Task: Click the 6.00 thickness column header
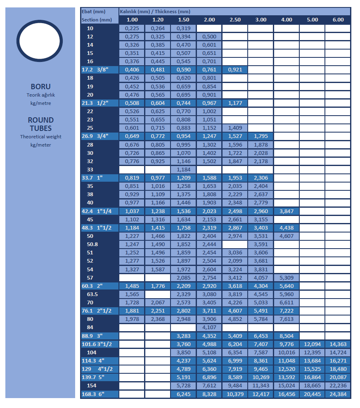point(338,20)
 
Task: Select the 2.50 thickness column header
point(234,20)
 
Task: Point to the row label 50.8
point(92,244)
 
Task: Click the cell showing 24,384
point(338,394)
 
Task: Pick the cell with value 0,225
point(132,28)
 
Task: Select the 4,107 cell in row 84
point(209,327)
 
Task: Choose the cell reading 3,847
point(286,211)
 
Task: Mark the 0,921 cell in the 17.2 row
point(234,70)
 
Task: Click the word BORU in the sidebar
point(40,87)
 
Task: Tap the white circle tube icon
point(40,40)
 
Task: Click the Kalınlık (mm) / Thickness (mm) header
point(155,12)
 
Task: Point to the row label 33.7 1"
point(92,178)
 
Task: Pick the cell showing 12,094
point(312,344)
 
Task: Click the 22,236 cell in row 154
point(338,386)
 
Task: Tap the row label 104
point(92,352)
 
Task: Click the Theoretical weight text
point(41,137)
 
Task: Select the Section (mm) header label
point(97,20)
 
